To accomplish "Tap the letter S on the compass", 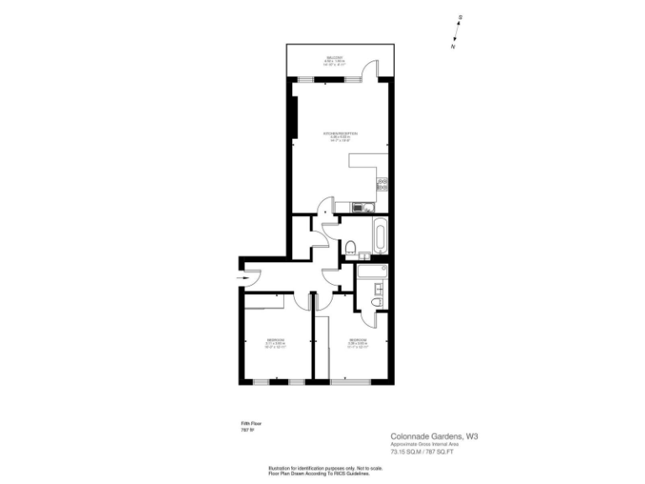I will coord(460,18).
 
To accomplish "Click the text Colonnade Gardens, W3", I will coord(439,436).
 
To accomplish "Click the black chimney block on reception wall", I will coord(295,117).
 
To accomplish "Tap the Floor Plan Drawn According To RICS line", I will coord(318,474).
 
